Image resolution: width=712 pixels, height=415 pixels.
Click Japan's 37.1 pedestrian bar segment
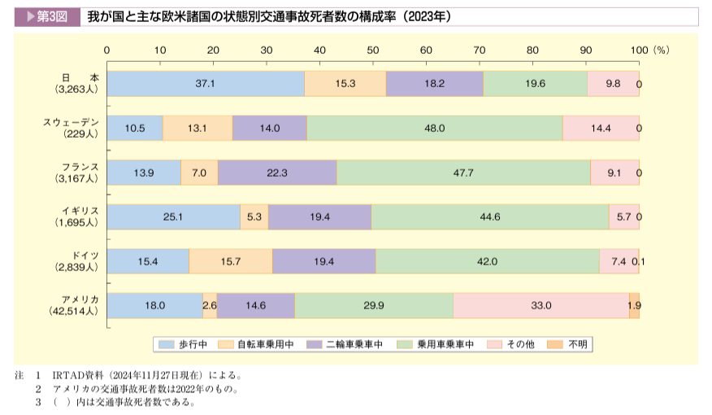[x=206, y=84]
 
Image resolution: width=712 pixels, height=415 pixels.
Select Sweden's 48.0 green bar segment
[x=435, y=128]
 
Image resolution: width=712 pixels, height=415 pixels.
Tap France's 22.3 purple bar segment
[x=277, y=173]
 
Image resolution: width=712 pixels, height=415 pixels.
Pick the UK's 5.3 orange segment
[x=254, y=216]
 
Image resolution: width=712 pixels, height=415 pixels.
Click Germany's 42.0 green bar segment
[x=487, y=261]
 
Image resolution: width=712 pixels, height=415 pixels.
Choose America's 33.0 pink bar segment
[x=541, y=305]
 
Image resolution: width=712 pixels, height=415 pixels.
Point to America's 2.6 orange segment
[x=210, y=305]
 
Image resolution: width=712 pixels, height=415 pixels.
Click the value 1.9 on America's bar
[x=634, y=305]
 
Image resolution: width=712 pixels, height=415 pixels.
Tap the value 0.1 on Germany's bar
[x=639, y=261]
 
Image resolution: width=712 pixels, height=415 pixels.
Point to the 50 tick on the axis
[x=373, y=50]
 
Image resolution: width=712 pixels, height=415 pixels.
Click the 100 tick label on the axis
[x=639, y=50]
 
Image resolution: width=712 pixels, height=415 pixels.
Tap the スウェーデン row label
[x=71, y=122]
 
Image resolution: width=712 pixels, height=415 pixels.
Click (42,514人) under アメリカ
[x=74, y=311]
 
